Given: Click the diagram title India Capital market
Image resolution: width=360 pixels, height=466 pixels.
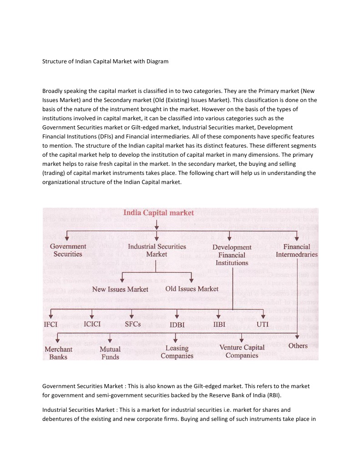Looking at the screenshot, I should pos(159,213).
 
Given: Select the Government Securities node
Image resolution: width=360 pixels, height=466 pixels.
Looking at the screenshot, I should pos(68,250).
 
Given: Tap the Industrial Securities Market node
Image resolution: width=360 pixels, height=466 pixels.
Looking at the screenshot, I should pos(157,250).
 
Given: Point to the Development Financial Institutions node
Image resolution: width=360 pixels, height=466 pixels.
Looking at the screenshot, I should pos(232,255).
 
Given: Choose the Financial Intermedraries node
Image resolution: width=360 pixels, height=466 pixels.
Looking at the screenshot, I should pos(296,251).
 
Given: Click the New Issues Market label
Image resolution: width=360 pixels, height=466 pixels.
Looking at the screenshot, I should pos(120,289).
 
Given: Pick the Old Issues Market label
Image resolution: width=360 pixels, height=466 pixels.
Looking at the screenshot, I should pos(192,288).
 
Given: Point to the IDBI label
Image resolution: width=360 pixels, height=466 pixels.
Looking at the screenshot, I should pos(177,325).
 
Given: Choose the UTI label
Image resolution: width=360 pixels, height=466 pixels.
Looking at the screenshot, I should pos(263,324).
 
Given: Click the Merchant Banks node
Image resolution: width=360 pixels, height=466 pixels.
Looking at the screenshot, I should pos(58,353).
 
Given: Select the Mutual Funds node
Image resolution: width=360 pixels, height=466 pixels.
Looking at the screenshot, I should pos(110,353).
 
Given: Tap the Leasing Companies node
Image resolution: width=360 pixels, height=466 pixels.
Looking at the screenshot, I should pos(177,352).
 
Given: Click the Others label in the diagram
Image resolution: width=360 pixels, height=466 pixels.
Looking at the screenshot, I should pos(298,346).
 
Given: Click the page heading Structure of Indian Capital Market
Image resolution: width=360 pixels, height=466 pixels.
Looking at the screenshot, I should pos(105,61).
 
